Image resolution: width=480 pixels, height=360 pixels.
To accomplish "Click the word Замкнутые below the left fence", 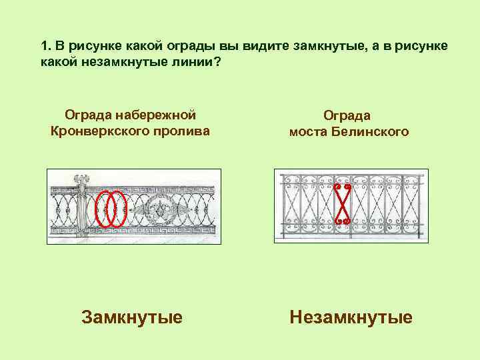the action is [131, 317].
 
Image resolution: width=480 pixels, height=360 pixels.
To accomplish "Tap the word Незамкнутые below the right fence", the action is [351, 317].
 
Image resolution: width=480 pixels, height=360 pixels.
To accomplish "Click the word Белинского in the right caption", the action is [375, 132].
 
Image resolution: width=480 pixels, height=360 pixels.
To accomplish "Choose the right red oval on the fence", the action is [118, 208].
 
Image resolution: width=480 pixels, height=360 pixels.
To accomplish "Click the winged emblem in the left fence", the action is [160, 209].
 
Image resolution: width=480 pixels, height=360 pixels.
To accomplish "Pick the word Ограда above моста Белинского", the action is [349, 116].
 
